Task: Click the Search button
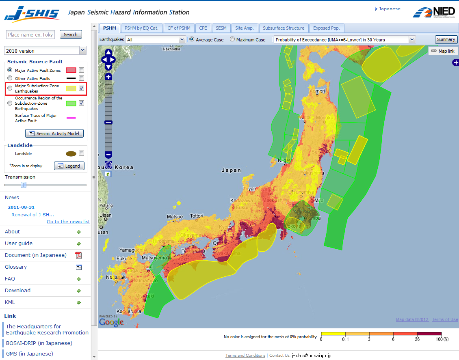click(71, 34)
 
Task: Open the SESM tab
click(221, 28)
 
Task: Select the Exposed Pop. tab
click(327, 28)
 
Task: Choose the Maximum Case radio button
click(232, 40)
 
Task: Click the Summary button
click(446, 39)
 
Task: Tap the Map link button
click(443, 51)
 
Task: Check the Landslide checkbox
click(81, 153)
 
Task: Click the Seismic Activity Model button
click(54, 134)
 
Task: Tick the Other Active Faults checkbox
click(81, 78)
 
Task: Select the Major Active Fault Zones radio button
click(10, 70)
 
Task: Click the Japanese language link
click(389, 9)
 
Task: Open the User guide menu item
click(19, 244)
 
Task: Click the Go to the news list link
click(68, 222)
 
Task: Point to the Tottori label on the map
click(197, 216)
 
